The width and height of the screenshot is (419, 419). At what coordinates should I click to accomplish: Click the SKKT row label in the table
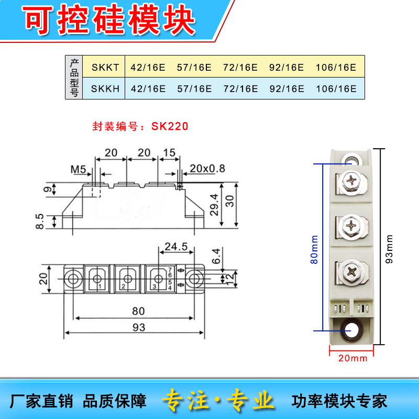(105, 67)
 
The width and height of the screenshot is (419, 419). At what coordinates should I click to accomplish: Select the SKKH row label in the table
(105, 89)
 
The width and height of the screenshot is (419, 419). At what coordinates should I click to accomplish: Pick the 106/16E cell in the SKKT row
(336, 67)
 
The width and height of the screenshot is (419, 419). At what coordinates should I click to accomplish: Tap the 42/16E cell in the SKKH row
(148, 89)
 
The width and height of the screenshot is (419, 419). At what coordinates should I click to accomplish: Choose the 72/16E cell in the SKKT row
(240, 67)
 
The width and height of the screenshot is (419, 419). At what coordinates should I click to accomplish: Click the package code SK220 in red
(170, 126)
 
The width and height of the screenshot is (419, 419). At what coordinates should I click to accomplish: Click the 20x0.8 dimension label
(207, 168)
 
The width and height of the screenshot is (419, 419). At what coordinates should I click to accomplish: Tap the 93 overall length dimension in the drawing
(138, 327)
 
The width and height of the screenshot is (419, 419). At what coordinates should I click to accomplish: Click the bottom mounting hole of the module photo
(350, 330)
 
